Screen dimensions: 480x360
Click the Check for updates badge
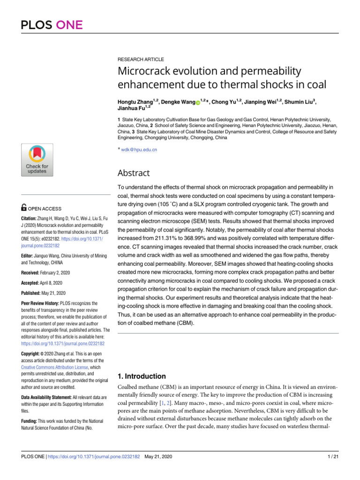(x=37, y=160)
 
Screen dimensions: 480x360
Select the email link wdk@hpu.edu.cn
(x=139, y=150)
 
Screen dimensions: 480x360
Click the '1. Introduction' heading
(x=140, y=376)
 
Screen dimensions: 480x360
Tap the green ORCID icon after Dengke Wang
(x=198, y=103)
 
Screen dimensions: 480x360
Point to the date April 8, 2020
(x=50, y=283)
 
